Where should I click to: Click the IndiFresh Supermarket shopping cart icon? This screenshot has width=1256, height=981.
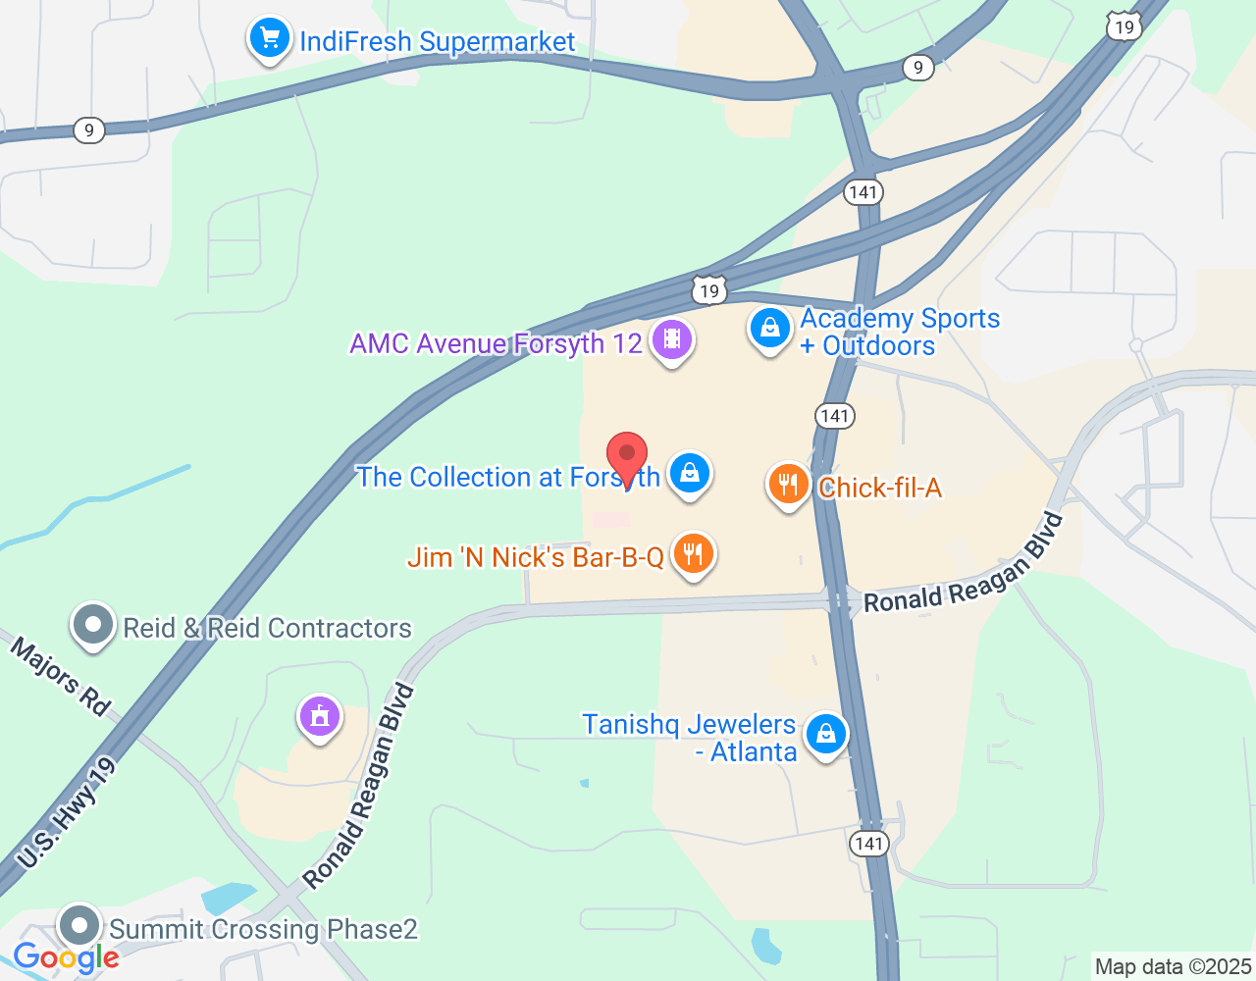[270, 39]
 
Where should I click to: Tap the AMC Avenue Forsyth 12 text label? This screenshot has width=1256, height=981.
[496, 344]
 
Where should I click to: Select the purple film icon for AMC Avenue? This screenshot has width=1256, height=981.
[672, 339]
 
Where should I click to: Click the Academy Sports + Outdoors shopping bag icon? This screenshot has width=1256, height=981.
[770, 329]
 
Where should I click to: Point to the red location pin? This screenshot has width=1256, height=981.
[627, 457]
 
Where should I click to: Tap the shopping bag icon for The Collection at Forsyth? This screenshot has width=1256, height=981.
[690, 474]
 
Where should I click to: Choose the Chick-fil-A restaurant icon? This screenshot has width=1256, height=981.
[787, 484]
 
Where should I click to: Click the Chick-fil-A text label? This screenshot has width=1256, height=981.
[879, 488]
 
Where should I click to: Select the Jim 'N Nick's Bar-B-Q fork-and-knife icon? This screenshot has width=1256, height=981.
[694, 554]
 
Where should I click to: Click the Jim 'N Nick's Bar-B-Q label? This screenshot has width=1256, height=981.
[536, 557]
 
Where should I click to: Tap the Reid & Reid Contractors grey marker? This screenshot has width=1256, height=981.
[94, 625]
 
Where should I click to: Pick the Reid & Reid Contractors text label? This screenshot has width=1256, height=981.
[267, 628]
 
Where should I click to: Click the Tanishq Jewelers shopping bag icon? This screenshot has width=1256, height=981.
[826, 734]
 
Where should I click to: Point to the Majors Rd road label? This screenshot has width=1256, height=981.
[61, 677]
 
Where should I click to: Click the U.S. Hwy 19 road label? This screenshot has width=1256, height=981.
[66, 812]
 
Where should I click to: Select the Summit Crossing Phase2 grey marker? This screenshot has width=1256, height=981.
[79, 926]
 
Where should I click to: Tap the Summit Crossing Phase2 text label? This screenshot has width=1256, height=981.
[263, 929]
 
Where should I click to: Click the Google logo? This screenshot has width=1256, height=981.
[66, 958]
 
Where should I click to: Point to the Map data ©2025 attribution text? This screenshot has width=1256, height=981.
[1173, 967]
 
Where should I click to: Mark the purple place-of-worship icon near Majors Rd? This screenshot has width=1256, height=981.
[319, 717]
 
